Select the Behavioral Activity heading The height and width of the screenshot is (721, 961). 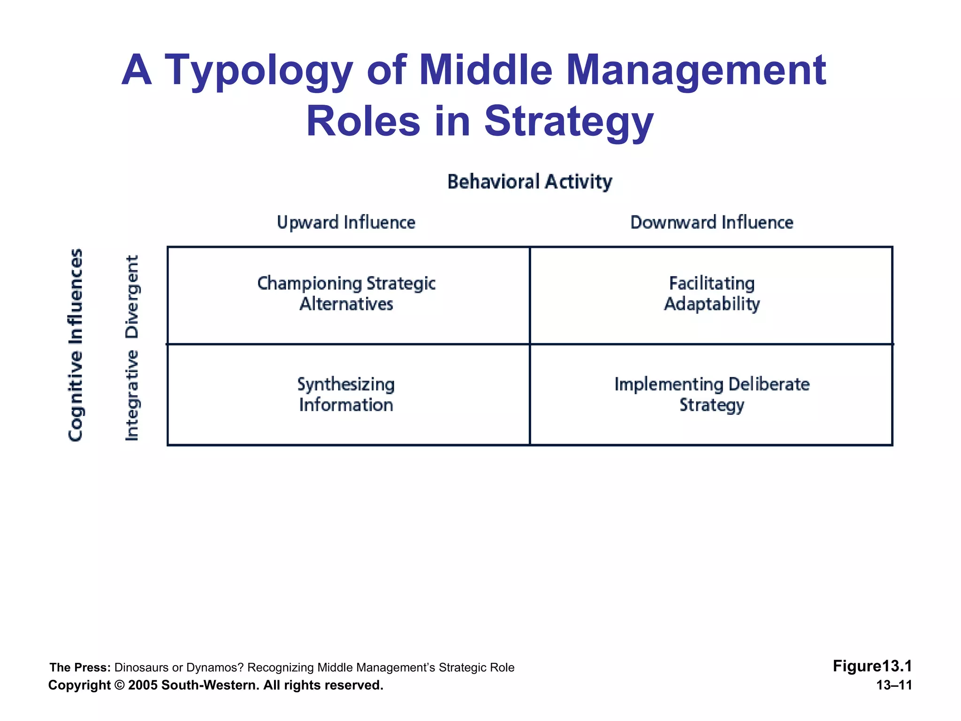click(x=529, y=182)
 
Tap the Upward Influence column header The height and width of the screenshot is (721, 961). click(x=346, y=222)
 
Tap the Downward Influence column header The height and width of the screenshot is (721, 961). click(x=711, y=222)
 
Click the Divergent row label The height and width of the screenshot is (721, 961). click(x=132, y=297)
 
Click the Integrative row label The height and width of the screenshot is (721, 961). click(x=132, y=395)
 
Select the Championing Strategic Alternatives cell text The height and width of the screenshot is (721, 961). click(x=346, y=294)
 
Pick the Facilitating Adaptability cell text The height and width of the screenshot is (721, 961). click(x=711, y=294)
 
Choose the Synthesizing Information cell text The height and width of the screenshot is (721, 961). click(x=346, y=395)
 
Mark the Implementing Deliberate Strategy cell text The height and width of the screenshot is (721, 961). click(x=711, y=395)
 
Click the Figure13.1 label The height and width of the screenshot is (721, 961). click(x=872, y=666)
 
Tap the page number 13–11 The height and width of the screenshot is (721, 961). click(x=894, y=685)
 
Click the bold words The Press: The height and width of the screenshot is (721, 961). click(x=80, y=667)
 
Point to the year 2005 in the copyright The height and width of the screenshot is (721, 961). click(x=143, y=685)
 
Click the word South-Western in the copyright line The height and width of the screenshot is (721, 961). click(x=210, y=685)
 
